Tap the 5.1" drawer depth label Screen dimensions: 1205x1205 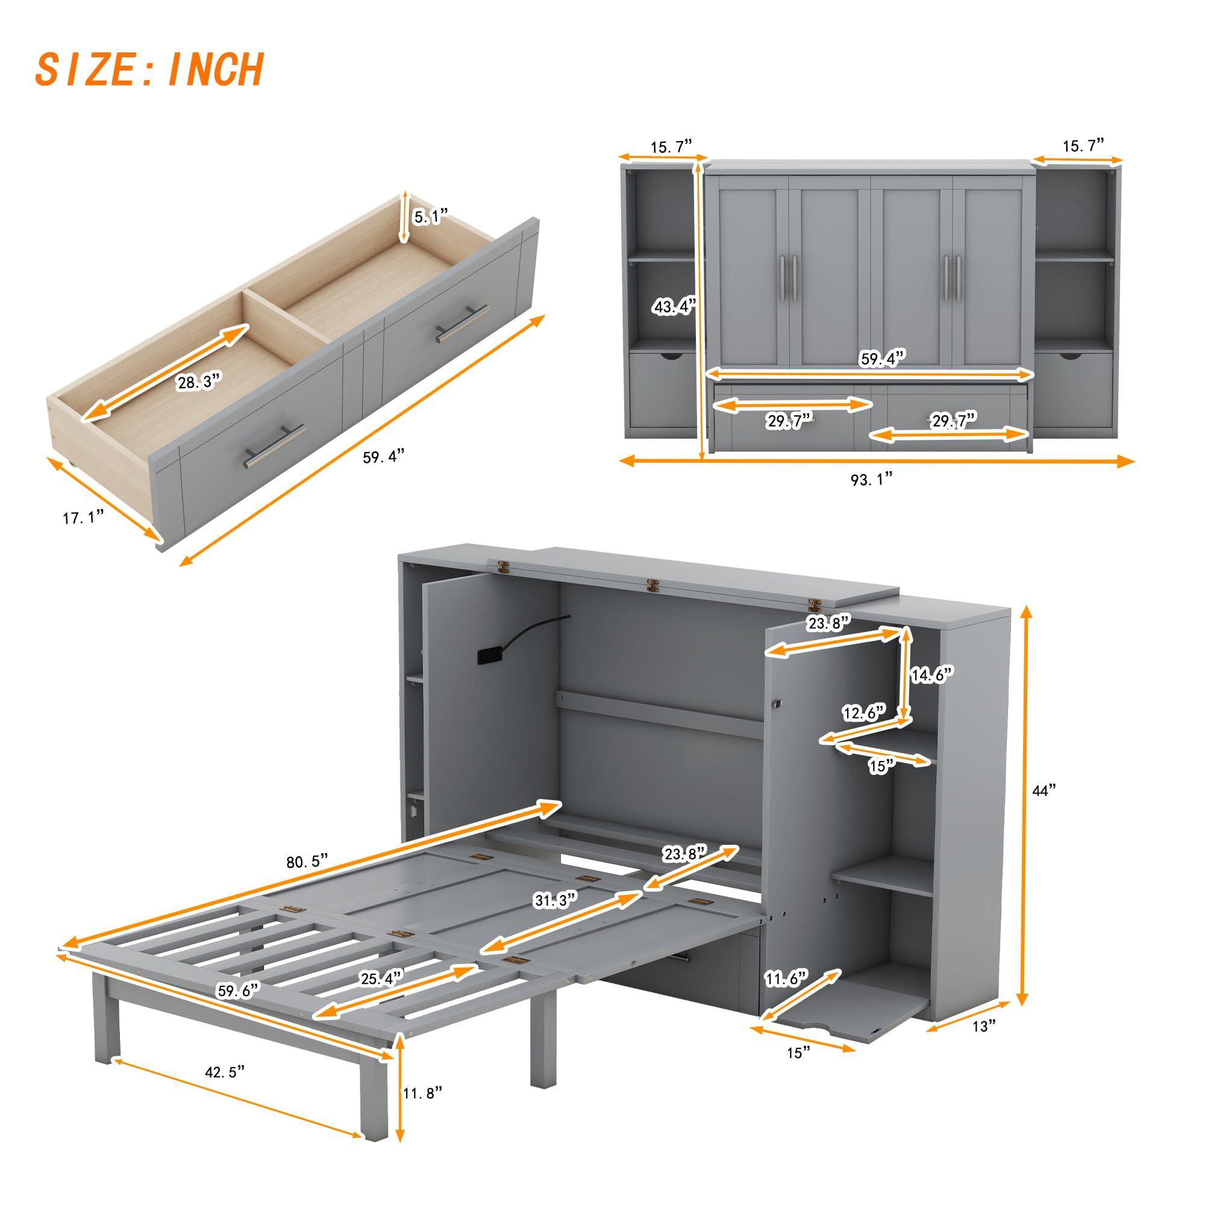point(431,216)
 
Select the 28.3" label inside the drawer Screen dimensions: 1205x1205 point(199,382)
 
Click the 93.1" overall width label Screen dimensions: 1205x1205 point(871,479)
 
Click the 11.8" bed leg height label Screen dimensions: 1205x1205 point(422,1111)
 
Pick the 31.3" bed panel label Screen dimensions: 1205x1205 point(554,901)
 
